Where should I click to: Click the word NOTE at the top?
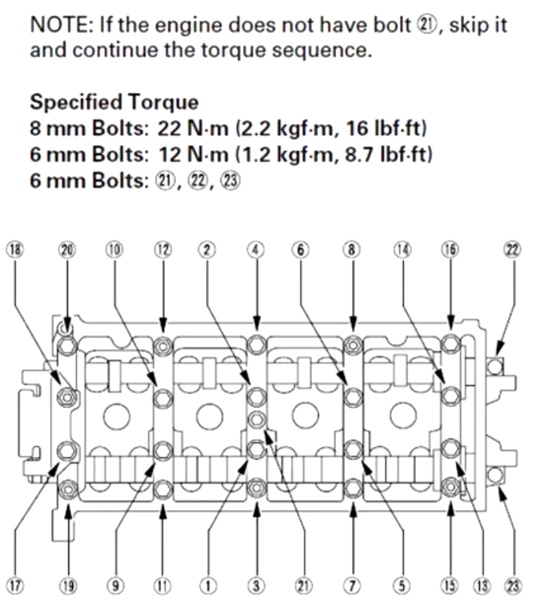coord(56,25)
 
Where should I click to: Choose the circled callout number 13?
coord(482,585)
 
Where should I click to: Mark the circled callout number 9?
coord(114,585)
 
